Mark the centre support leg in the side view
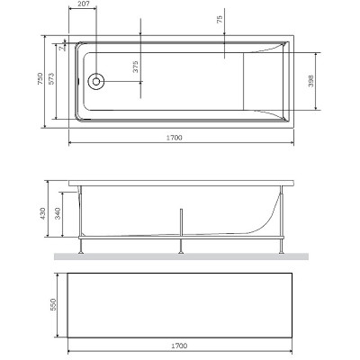coord(183,230)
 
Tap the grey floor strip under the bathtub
coord(180,256)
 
